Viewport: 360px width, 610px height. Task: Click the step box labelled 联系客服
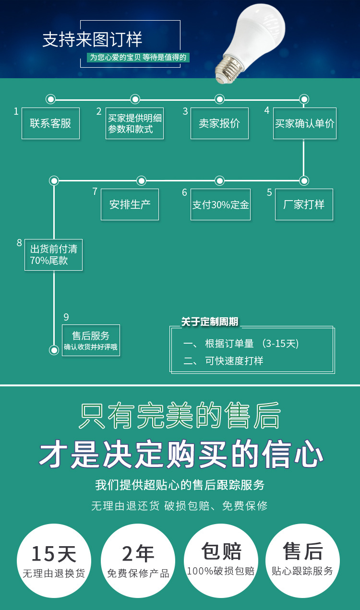(x=51, y=123)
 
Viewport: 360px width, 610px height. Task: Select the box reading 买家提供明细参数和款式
(x=134, y=123)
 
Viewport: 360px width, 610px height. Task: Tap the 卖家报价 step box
(x=219, y=123)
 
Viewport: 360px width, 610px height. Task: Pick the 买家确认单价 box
(x=305, y=123)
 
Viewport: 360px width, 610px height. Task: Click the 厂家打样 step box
(x=304, y=204)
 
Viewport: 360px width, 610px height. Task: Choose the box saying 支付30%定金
(x=221, y=204)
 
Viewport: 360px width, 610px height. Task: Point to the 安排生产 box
(x=130, y=204)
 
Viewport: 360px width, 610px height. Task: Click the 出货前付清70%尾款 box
(x=53, y=255)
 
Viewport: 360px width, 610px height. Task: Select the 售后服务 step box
(x=91, y=340)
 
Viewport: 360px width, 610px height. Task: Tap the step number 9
(x=66, y=317)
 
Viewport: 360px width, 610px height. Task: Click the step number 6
(x=185, y=192)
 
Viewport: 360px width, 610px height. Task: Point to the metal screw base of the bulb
(x=228, y=68)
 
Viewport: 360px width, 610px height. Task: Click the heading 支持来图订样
(x=92, y=39)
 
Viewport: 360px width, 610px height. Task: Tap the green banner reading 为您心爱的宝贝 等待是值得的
(x=138, y=58)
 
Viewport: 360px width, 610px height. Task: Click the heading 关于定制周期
(x=210, y=322)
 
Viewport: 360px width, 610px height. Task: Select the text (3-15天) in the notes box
(x=280, y=344)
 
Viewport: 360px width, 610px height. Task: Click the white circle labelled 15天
(x=54, y=561)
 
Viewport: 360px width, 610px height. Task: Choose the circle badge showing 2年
(x=138, y=561)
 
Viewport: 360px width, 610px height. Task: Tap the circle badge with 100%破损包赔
(x=221, y=561)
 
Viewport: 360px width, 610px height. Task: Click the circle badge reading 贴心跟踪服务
(x=302, y=561)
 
